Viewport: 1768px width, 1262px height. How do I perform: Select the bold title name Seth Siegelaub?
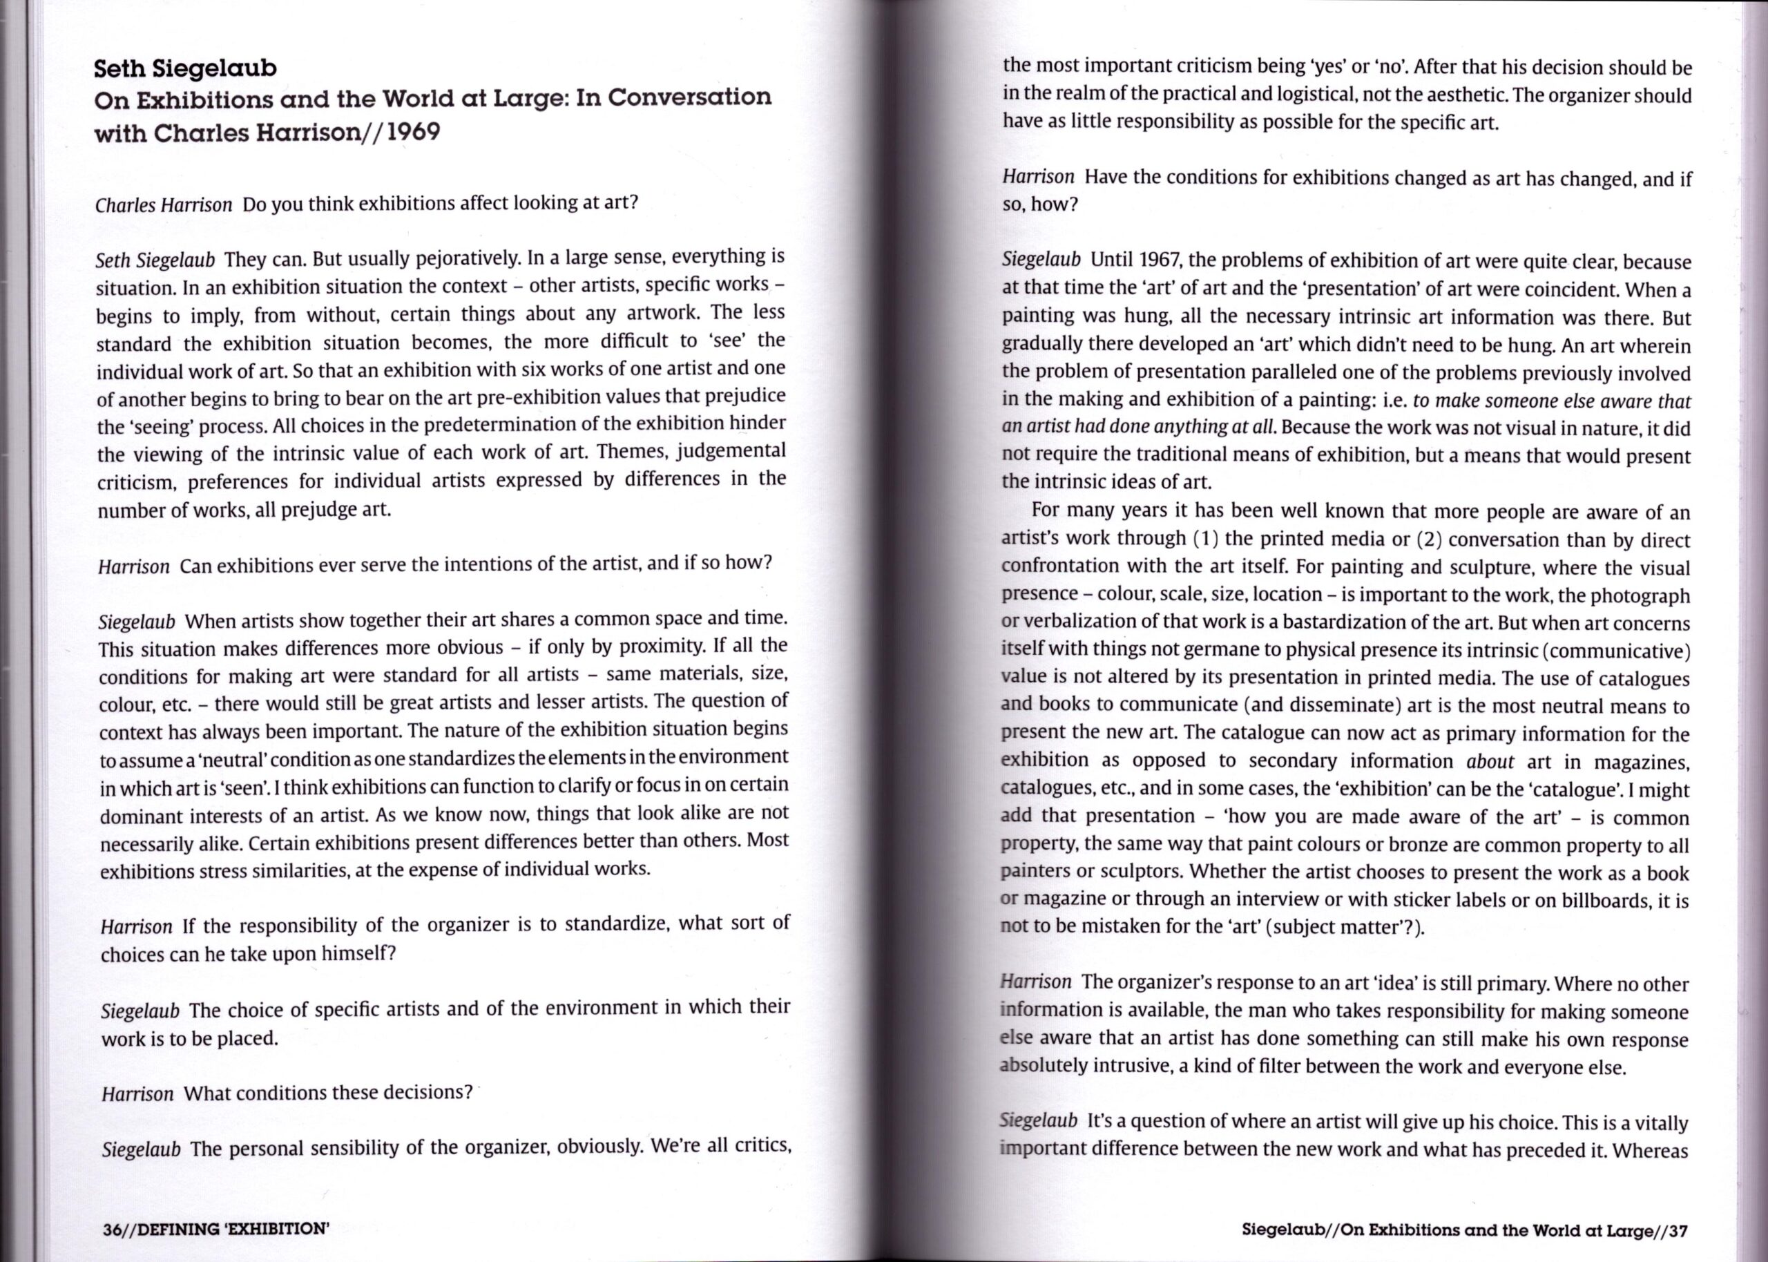pyautogui.click(x=185, y=68)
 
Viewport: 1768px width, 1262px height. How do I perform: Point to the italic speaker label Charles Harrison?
pyautogui.click(x=163, y=204)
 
